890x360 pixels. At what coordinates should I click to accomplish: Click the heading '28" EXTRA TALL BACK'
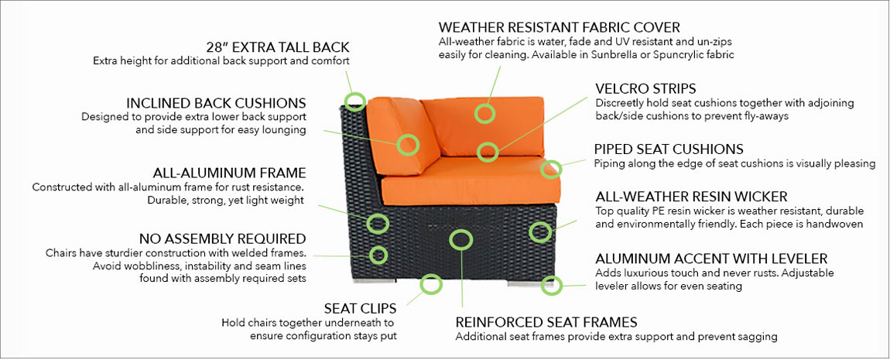[278, 46]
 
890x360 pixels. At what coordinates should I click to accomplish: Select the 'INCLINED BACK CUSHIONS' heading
[216, 103]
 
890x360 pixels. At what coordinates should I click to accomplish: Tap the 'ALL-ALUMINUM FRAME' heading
[229, 173]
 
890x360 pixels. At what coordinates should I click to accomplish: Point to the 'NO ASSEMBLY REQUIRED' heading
[223, 238]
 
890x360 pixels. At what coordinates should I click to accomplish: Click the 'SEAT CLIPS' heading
[360, 309]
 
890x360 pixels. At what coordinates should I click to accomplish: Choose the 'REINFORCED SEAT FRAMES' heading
[546, 323]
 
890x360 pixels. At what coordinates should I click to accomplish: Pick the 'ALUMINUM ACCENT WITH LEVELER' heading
[711, 259]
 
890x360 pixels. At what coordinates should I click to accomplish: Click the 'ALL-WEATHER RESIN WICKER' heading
[691, 197]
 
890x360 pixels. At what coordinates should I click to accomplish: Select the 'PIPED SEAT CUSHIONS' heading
[669, 149]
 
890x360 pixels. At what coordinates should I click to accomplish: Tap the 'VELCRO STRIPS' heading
[645, 88]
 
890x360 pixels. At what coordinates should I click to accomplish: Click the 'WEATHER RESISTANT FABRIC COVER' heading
[559, 27]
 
